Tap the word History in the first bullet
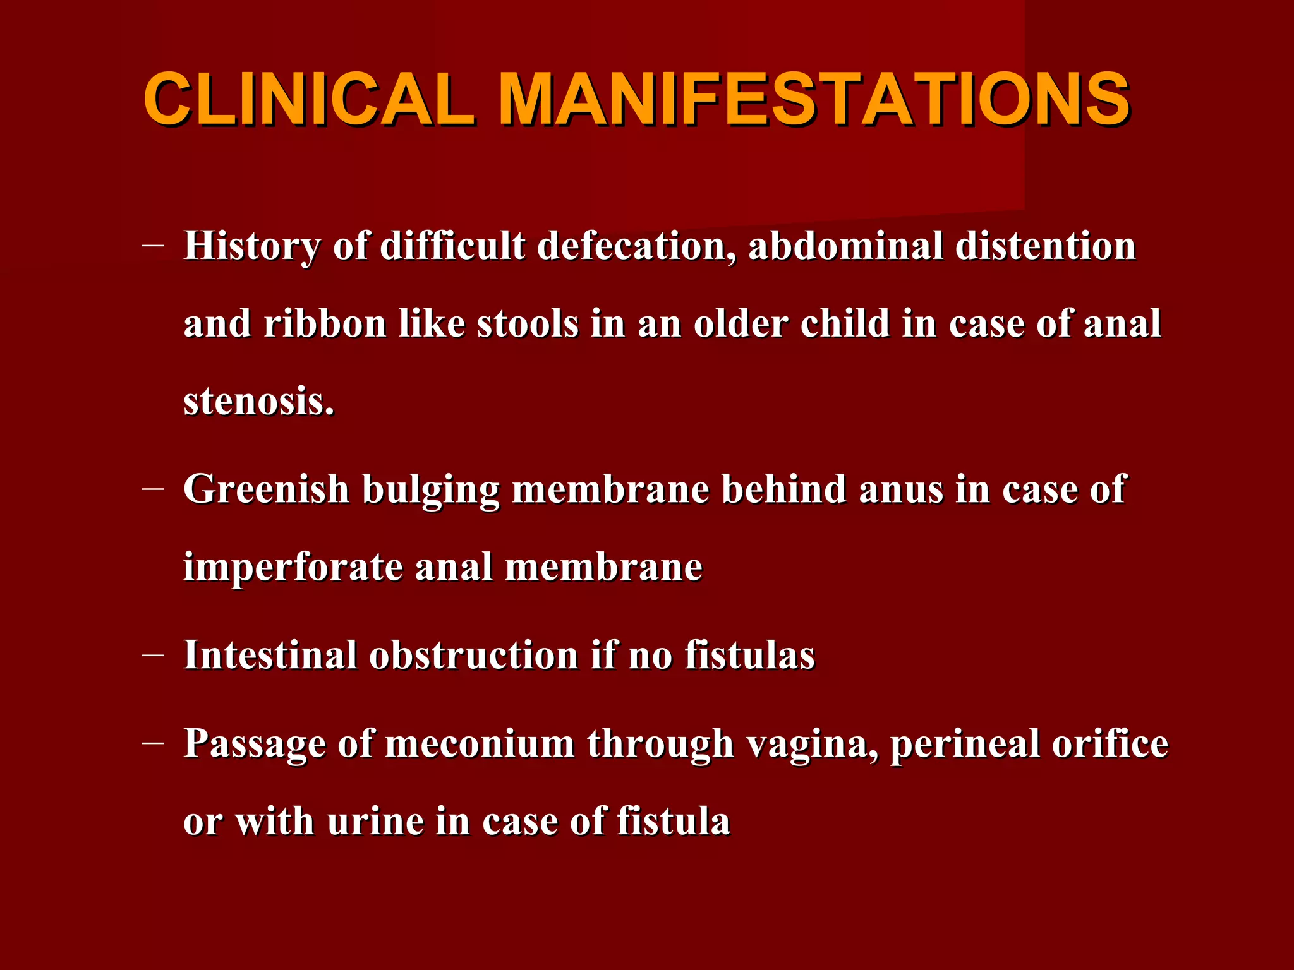[251, 246]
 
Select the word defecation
[637, 246]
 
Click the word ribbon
[325, 324]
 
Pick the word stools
[528, 324]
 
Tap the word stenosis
[258, 402]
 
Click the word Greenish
[266, 489]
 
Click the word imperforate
[293, 567]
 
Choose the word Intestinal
[270, 655]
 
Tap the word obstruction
[474, 655]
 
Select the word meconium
[480, 743]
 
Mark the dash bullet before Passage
[154, 743]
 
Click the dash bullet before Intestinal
[154, 655]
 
